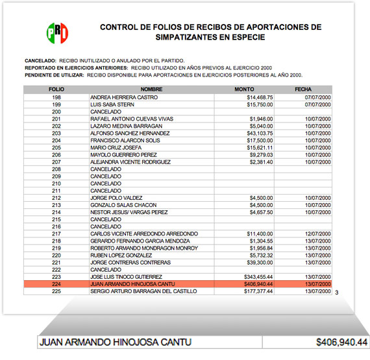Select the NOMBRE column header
(151, 90)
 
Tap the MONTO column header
(244, 90)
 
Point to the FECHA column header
(303, 90)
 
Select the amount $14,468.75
(256, 97)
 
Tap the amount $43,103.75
(256, 133)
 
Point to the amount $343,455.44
(255, 276)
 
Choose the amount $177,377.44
(255, 291)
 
